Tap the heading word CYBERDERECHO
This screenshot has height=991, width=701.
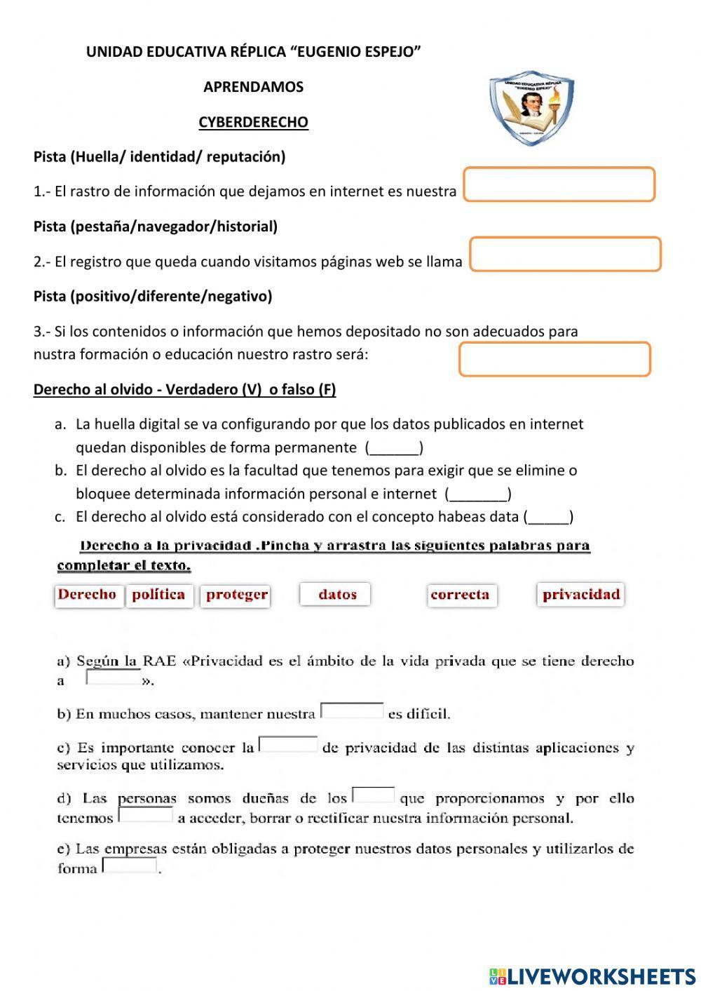point(253,122)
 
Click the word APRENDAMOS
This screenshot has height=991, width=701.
point(253,87)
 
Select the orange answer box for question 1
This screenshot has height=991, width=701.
point(559,184)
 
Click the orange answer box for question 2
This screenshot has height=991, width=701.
point(565,254)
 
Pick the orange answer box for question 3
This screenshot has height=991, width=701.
point(554,359)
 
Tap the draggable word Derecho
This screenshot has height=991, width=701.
point(88,595)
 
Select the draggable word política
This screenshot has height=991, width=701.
point(159,595)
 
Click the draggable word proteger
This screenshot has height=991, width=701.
point(236,595)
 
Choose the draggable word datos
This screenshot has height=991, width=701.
point(336,595)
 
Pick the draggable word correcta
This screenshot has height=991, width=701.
point(461,595)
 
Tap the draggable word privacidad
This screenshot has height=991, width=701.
point(581,595)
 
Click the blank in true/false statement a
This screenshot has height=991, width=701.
point(394,448)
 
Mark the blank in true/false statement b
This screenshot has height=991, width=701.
point(478,494)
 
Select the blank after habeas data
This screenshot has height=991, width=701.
point(549,518)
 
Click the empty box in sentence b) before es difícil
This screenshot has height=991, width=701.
point(352,711)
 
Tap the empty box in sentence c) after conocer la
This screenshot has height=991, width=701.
point(288,744)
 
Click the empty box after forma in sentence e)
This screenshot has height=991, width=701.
point(130,866)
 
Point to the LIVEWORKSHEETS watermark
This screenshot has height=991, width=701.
point(592,976)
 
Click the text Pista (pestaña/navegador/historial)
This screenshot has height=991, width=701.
point(156,227)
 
